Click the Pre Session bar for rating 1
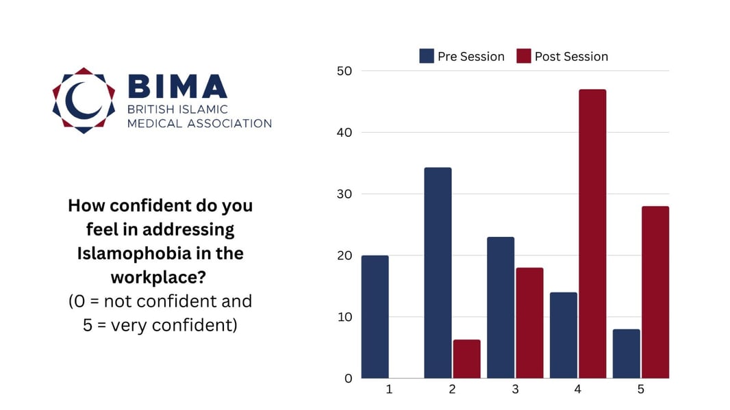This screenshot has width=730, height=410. coord(375,316)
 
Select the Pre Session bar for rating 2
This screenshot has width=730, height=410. coord(438,272)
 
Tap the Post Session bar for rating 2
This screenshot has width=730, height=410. coord(466,359)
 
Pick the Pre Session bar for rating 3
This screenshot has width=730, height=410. coord(501,307)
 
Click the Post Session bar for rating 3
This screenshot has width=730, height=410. coord(529,322)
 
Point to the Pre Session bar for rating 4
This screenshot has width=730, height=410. coord(564,335)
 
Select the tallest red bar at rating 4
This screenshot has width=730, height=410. coord(592,233)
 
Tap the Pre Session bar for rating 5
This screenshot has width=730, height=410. coord(627,353)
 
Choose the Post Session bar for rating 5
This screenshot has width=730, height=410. coord(655,292)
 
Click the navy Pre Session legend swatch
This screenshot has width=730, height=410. coord(427,56)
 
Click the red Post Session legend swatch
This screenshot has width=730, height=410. coord(524,56)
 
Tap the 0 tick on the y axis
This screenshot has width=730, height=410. coord(348,378)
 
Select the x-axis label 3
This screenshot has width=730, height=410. coord(515,389)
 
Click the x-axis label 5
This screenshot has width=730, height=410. coord(641,389)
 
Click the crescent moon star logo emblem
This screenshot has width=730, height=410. coord(84,100)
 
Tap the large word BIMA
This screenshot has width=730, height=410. coord(177,86)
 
